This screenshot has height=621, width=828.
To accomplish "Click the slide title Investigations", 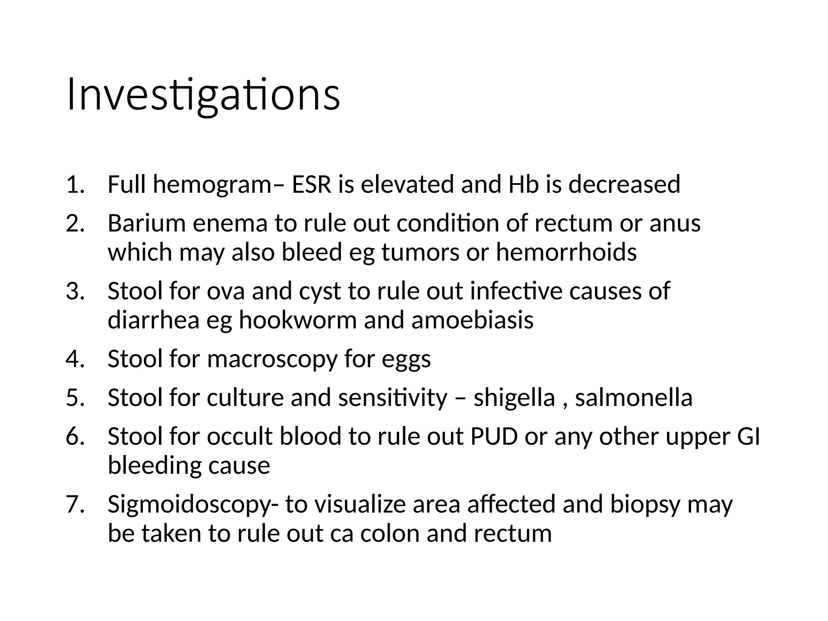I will pyautogui.click(x=203, y=95).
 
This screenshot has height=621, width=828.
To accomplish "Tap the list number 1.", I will pyautogui.click(x=75, y=184).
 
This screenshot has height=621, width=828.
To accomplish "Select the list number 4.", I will pyautogui.click(x=75, y=359).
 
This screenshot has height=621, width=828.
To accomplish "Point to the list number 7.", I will pyautogui.click(x=75, y=505).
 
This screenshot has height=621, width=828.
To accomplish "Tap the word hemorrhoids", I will pyautogui.click(x=566, y=252).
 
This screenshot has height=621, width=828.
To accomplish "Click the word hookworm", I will pyautogui.click(x=298, y=320).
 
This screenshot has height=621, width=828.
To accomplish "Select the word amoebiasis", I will pyautogui.click(x=472, y=320).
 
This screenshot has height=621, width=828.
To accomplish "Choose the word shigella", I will pyautogui.click(x=514, y=398).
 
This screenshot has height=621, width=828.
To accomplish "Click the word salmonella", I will pyautogui.click(x=634, y=398).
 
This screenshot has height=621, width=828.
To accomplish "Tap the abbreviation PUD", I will pyautogui.click(x=494, y=437).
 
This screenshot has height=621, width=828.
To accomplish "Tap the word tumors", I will pyautogui.click(x=420, y=252).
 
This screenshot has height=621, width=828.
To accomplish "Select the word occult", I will pyautogui.click(x=240, y=437).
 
